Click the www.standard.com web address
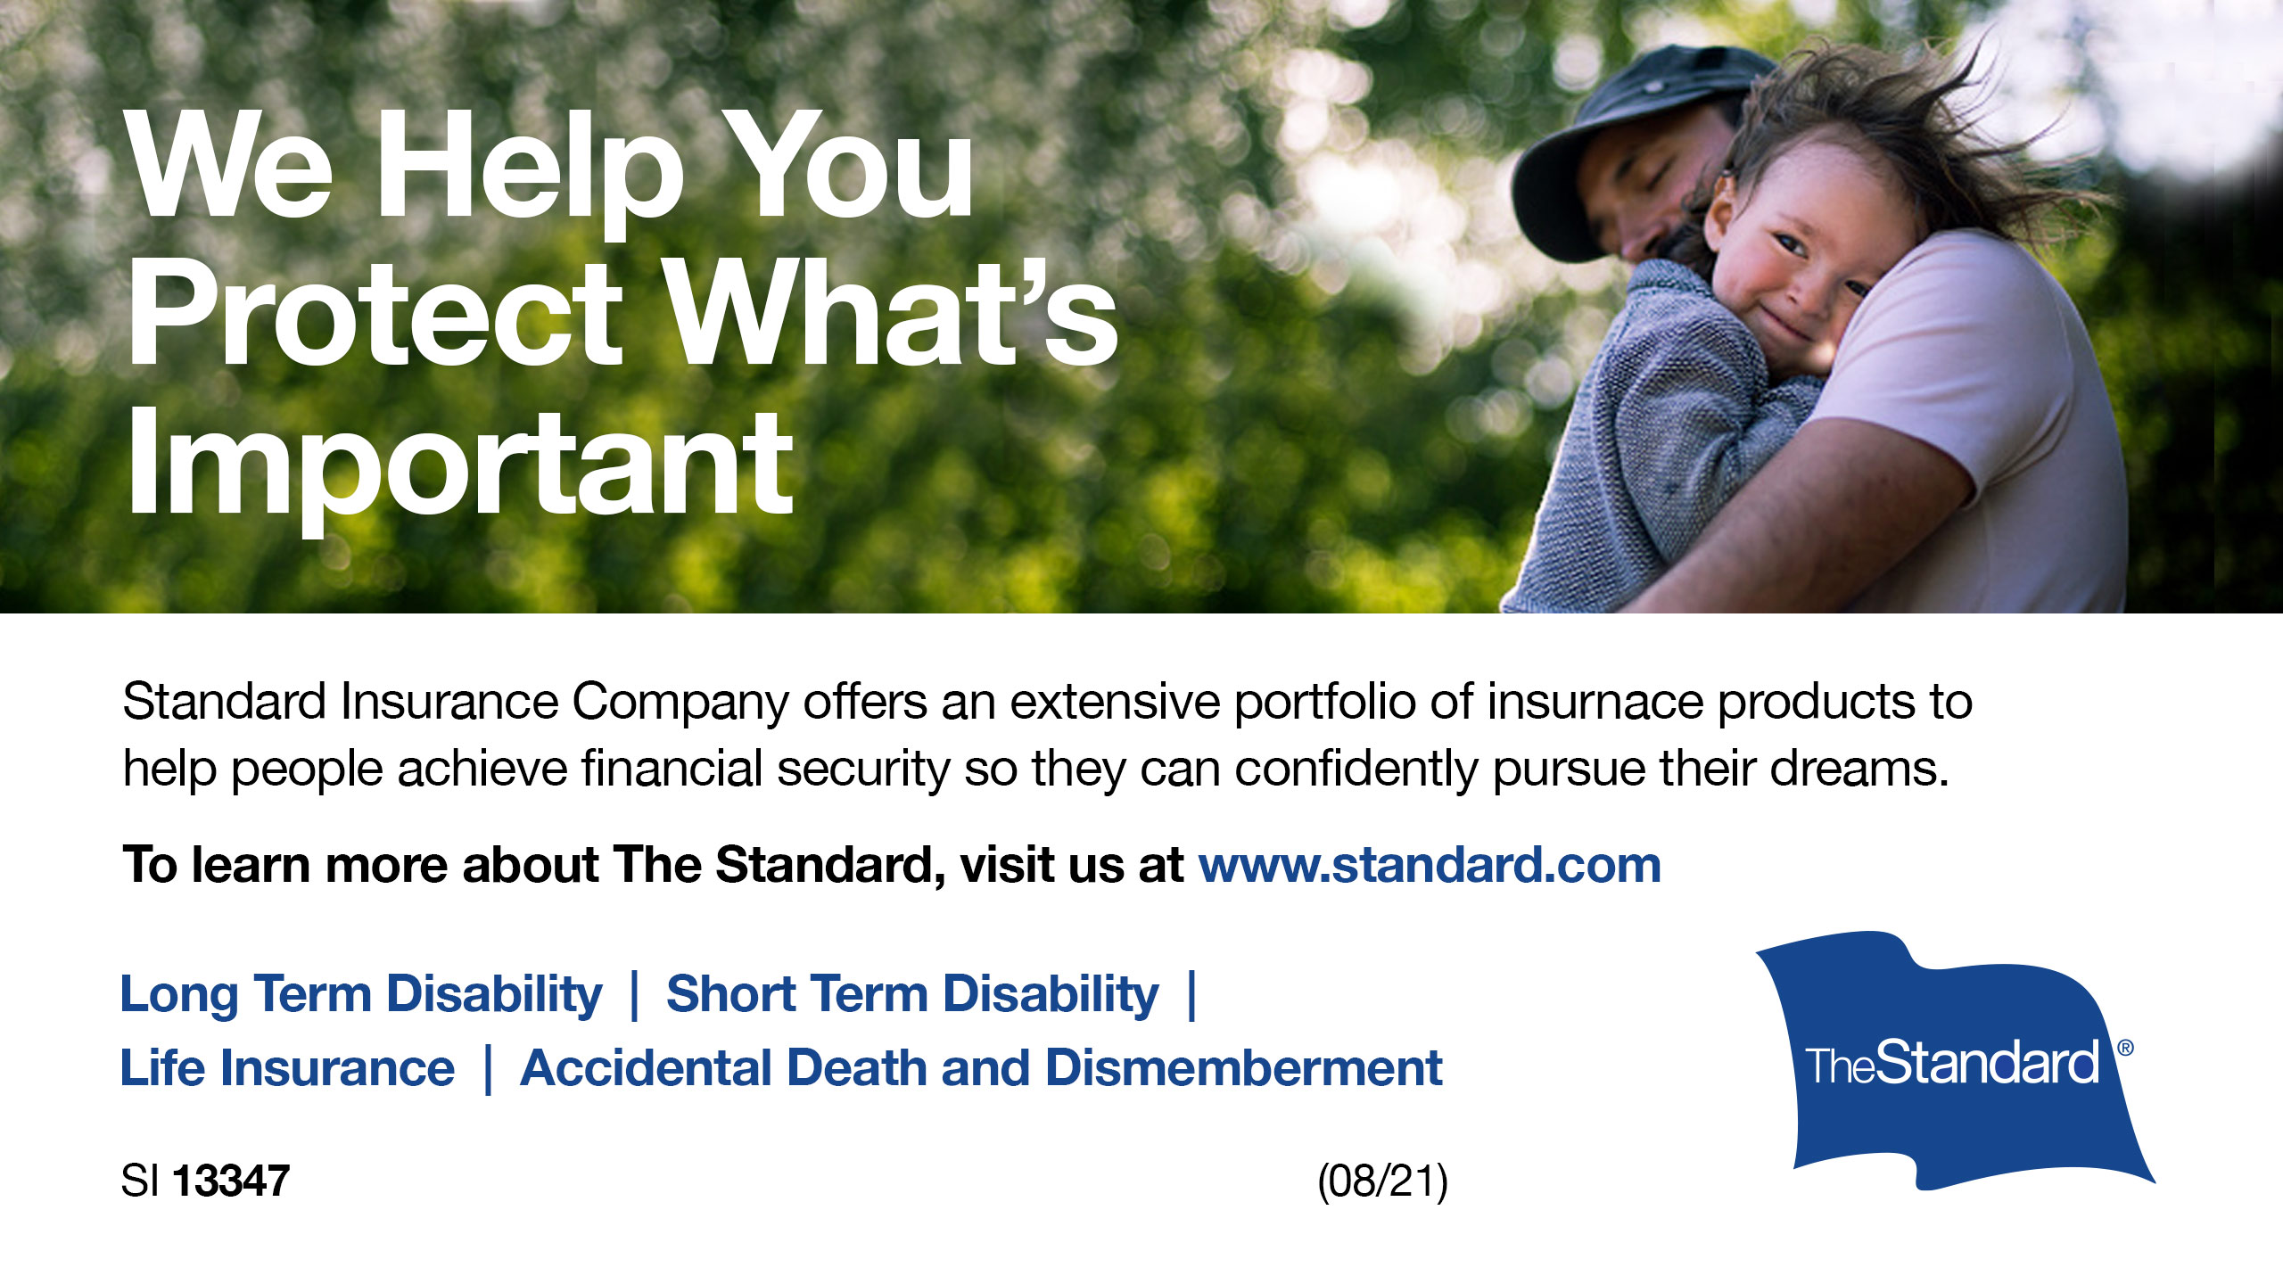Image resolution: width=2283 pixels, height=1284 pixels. [1430, 865]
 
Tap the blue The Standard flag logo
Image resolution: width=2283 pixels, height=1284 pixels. [1953, 1061]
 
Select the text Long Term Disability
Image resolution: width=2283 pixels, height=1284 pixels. [361, 995]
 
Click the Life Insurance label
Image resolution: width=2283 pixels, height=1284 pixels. [287, 1068]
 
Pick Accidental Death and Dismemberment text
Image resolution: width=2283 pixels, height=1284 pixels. [981, 1068]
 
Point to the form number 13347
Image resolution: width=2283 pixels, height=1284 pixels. [231, 1181]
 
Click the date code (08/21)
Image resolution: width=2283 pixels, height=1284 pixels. [1382, 1181]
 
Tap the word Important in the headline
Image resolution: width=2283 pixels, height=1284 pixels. [460, 467]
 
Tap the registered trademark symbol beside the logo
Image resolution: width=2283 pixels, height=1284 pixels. [2125, 1048]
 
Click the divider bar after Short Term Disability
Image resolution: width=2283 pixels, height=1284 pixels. [1192, 996]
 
